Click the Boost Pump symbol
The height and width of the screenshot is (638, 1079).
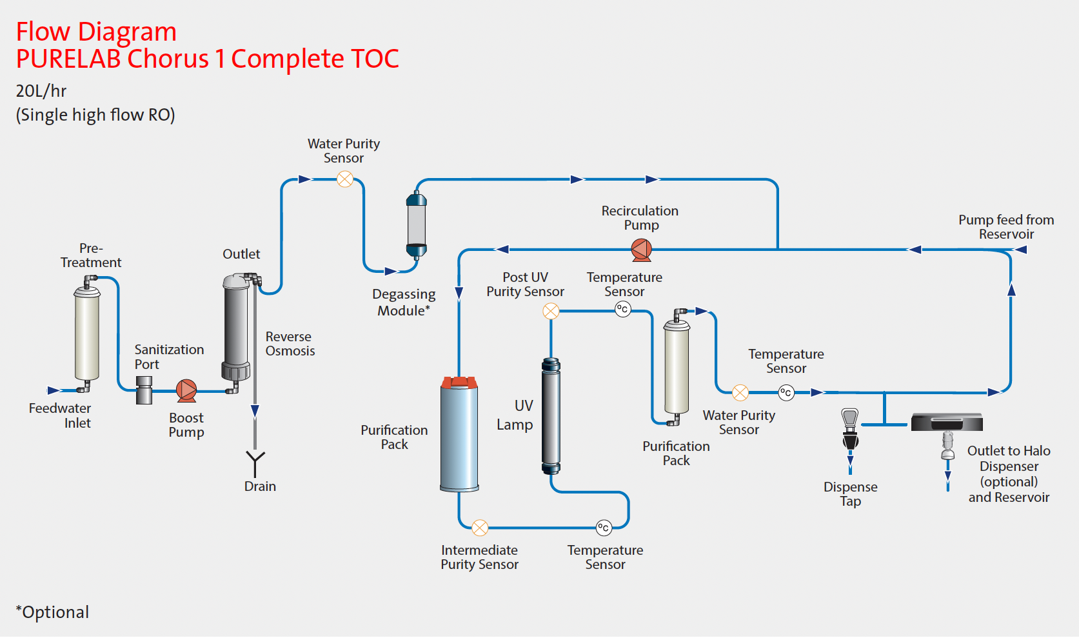(186, 390)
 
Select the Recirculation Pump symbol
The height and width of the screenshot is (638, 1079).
(642, 250)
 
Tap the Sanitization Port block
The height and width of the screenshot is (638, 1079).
(144, 390)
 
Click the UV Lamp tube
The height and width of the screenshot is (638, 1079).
(551, 416)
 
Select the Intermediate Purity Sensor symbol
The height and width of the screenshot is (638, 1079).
(480, 528)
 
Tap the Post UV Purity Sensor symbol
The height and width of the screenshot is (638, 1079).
(551, 311)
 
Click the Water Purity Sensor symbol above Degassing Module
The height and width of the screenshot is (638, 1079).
(345, 179)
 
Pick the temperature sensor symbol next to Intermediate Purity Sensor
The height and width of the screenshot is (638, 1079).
(604, 528)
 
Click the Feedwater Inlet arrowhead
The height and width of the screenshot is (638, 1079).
(54, 390)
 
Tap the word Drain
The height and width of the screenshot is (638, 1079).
(260, 486)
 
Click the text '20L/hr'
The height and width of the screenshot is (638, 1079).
(41, 91)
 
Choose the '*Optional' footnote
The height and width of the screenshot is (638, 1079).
(52, 612)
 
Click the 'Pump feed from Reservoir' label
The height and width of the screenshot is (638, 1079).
(1006, 227)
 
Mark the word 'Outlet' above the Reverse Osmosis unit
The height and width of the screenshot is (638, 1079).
(241, 254)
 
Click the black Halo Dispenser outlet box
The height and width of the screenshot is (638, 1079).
(947, 422)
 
